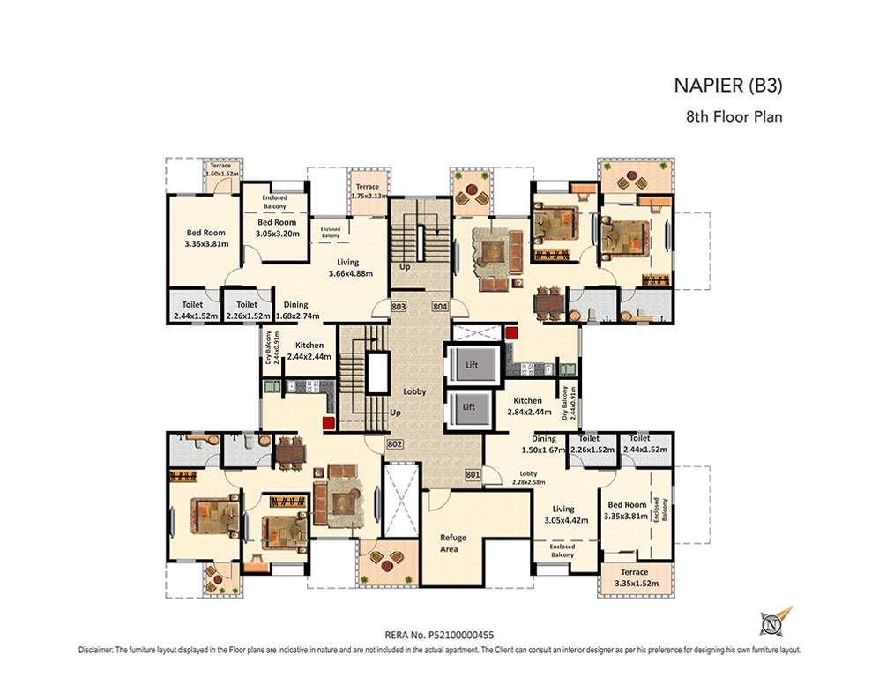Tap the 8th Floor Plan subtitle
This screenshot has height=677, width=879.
(x=734, y=115)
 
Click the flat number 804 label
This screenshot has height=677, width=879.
(x=440, y=306)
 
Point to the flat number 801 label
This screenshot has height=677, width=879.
(x=472, y=475)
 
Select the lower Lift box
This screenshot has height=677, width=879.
(x=470, y=408)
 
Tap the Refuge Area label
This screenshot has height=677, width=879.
(x=453, y=543)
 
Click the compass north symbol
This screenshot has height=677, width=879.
(x=773, y=623)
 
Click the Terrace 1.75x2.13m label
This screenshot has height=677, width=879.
(x=368, y=191)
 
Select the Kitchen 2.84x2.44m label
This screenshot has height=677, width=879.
(x=529, y=405)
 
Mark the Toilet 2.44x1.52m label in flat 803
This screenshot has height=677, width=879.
(x=192, y=310)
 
